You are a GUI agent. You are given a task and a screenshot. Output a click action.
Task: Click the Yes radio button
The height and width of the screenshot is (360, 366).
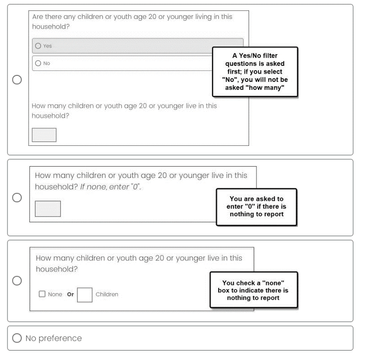coord(38,46)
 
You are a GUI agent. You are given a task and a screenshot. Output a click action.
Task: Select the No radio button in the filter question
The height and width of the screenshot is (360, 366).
coord(38,63)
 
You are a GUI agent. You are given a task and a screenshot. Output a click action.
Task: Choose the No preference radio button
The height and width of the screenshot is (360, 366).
coord(17,338)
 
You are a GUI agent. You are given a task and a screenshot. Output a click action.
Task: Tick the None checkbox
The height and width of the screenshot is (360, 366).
coord(42,294)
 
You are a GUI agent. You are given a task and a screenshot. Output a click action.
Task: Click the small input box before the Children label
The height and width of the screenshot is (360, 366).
coord(85,295)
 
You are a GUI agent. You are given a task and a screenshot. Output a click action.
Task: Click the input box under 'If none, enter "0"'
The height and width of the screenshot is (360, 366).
coord(48,209)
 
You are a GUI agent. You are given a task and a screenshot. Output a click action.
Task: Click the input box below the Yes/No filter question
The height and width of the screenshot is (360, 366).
coord(44,135)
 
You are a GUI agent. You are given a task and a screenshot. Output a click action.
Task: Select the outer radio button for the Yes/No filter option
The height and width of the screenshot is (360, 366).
coord(17,80)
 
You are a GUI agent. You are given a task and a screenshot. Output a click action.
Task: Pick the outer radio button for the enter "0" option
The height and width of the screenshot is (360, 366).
coord(17,198)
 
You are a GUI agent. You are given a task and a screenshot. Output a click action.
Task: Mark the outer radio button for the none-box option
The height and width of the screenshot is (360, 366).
coord(17,281)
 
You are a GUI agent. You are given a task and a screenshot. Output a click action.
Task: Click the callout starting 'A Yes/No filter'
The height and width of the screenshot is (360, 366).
coord(255,71)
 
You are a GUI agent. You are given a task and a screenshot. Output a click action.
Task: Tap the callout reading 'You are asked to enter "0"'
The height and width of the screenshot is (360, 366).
coord(256,206)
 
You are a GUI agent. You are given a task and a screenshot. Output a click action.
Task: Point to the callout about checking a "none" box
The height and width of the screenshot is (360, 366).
coord(253,290)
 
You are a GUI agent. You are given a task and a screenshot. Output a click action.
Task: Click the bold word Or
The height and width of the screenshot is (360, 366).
coord(70,295)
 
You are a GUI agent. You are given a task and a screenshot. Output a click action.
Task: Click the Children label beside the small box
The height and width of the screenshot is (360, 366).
coord(107,295)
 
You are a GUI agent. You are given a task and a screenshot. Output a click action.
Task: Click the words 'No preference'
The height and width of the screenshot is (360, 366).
coord(54,338)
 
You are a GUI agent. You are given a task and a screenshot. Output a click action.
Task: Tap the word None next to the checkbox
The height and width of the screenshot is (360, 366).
coord(55,295)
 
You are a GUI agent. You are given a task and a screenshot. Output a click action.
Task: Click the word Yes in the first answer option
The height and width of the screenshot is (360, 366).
coord(48,46)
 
